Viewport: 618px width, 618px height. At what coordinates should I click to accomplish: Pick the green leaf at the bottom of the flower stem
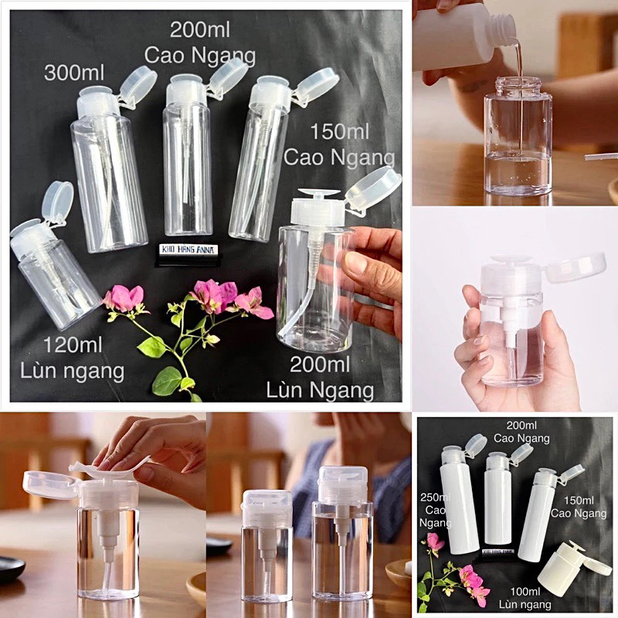[166, 380]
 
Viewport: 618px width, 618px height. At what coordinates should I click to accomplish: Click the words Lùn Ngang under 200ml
[320, 389]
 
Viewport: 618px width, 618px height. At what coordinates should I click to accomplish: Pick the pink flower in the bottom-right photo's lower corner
[472, 584]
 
